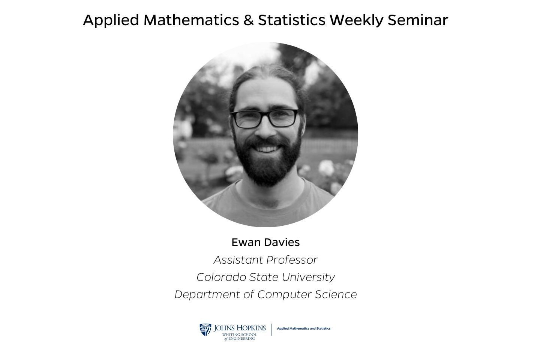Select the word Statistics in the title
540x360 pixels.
point(291,20)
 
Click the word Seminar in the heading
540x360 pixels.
point(418,20)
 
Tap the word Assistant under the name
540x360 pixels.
point(238,259)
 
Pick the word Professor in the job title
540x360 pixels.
point(292,259)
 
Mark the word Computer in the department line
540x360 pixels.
point(285,295)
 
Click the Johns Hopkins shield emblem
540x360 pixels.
point(205,330)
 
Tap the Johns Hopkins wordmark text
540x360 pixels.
point(240,328)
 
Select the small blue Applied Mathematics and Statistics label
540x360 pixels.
point(303,328)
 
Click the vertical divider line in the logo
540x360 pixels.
point(271,330)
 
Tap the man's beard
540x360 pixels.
point(266,165)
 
